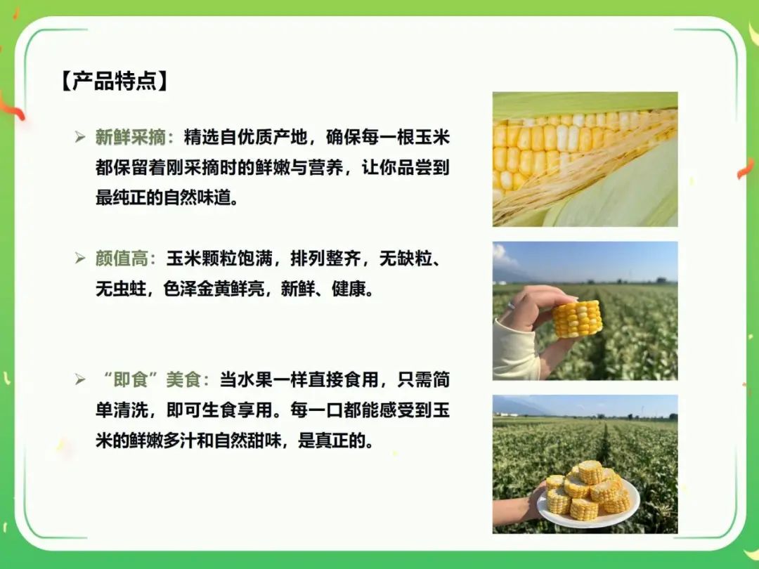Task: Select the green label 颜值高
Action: click(x=122, y=259)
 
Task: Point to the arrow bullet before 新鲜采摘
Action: click(x=80, y=138)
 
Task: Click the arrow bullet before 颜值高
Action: click(x=80, y=259)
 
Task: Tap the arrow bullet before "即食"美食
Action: click(x=80, y=379)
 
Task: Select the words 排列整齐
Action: click(x=325, y=259)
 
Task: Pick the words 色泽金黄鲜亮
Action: click(x=214, y=289)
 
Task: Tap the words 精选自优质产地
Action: click(x=245, y=138)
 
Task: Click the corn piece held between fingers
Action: click(x=578, y=318)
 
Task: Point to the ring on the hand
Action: click(x=511, y=306)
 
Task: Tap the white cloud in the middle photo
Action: click(x=501, y=255)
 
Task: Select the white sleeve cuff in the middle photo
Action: click(x=516, y=350)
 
